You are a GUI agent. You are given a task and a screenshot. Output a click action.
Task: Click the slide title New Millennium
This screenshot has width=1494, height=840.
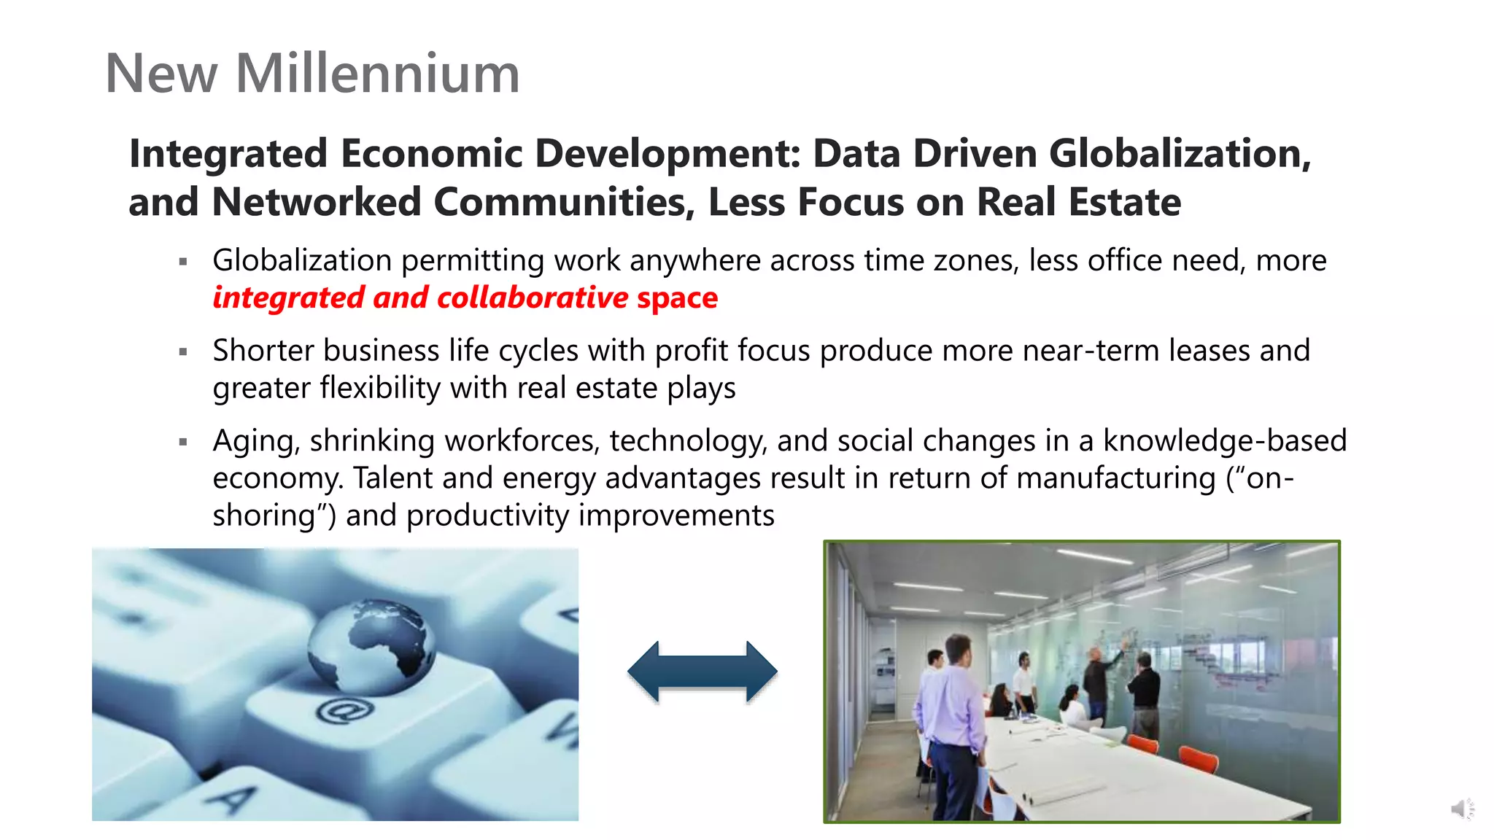312,74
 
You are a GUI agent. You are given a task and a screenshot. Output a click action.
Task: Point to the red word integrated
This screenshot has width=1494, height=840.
288,297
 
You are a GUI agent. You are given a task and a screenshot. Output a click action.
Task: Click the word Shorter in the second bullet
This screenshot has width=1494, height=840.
263,351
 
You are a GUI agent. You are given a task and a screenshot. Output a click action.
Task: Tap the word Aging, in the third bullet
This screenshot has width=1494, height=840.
256,441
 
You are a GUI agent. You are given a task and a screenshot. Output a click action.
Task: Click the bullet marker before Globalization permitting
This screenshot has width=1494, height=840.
183,261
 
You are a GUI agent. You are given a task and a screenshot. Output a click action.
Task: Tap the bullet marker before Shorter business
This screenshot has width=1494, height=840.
183,351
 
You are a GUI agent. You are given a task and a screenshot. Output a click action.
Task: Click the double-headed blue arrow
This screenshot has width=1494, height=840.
702,672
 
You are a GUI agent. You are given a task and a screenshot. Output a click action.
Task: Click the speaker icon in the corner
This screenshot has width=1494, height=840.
1461,809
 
